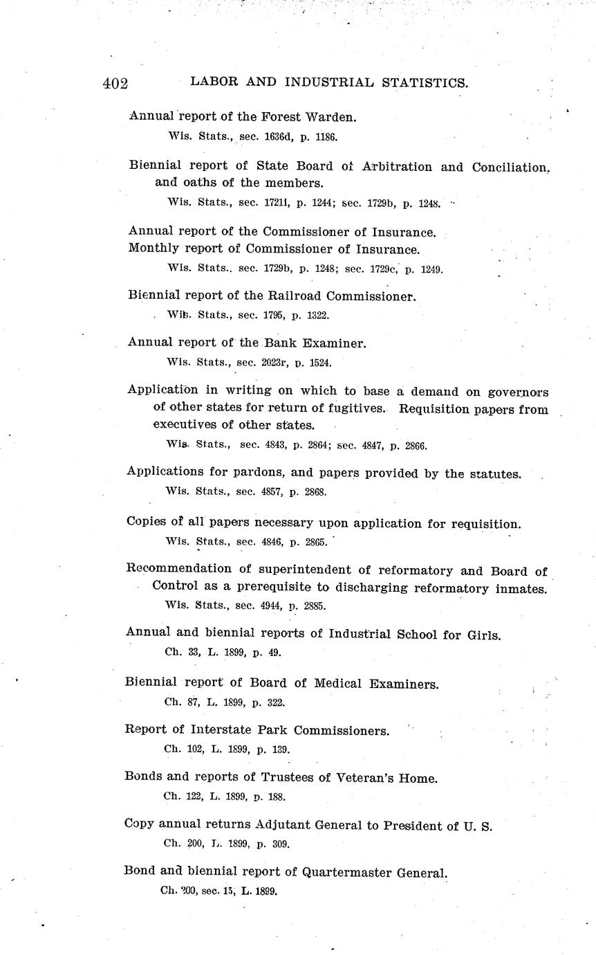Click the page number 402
(x=115, y=84)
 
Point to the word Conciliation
(x=511, y=167)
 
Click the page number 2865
(x=315, y=542)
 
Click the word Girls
(x=482, y=635)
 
